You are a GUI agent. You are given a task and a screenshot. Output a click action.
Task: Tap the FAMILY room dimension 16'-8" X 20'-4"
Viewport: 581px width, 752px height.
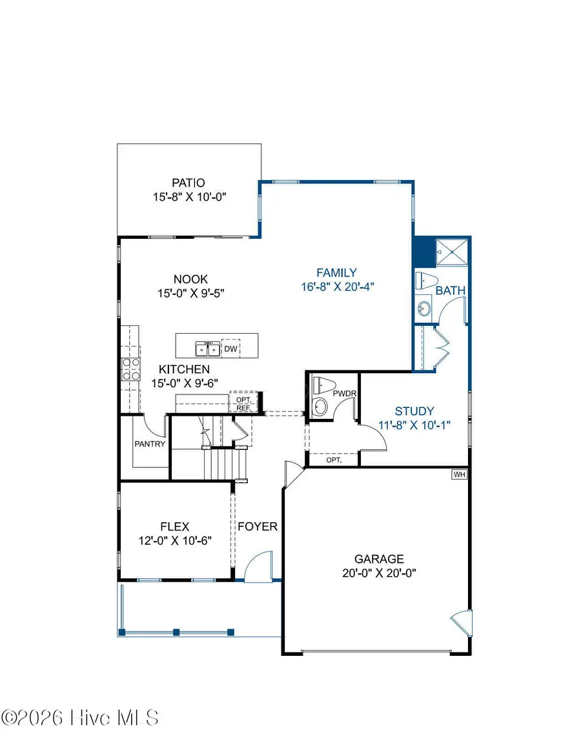pos(338,287)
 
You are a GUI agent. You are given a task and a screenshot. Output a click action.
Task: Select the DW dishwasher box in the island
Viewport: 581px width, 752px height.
pos(230,349)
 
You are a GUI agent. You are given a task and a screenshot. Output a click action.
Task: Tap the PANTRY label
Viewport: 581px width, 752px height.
pos(150,444)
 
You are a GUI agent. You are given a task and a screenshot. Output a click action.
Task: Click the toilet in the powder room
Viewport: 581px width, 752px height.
pos(321,386)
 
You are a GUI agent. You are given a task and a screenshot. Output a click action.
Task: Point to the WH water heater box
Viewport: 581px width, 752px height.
pos(459,474)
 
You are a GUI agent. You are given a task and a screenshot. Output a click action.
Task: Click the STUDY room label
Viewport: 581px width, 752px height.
pos(414,411)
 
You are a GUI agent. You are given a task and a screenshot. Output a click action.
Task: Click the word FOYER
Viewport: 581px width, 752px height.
pos(258,526)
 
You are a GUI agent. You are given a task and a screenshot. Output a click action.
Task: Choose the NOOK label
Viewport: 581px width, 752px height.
pos(190,279)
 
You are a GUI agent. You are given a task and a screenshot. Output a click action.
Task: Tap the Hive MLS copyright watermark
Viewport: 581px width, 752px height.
pos(80,717)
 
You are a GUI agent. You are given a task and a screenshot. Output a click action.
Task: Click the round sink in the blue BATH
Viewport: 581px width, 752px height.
pos(425,309)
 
